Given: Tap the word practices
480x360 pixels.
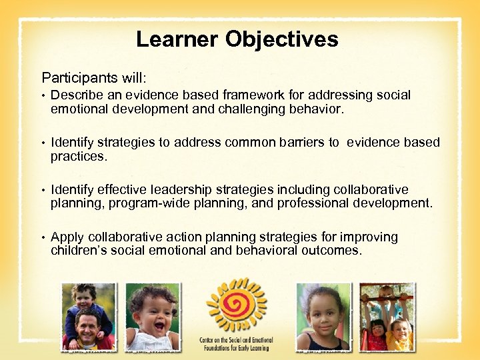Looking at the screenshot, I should pyautogui.click(x=78, y=156).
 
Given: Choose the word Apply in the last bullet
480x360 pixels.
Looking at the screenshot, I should pyautogui.click(x=67, y=237).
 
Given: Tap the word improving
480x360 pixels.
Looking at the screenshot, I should pyautogui.click(x=369, y=237).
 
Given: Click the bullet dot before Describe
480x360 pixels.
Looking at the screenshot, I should pyautogui.click(x=43, y=96).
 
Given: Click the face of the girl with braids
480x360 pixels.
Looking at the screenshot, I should pyautogui.click(x=323, y=314).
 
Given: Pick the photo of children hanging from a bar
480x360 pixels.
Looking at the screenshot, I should pyautogui.click(x=386, y=317).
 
